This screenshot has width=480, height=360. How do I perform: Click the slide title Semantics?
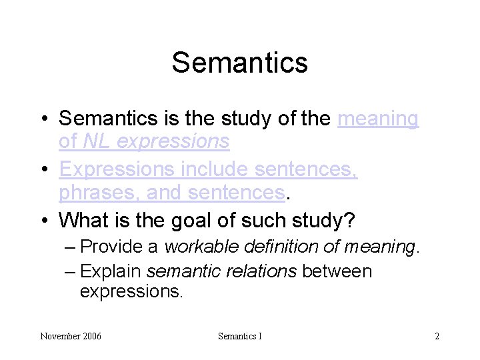coord(239,63)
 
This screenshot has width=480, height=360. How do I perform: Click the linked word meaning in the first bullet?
coord(378,119)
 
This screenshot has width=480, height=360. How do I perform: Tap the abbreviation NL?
coord(91,141)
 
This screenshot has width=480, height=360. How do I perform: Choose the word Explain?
coord(110,272)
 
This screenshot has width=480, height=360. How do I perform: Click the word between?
coord(337,272)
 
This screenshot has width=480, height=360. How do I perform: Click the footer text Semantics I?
coord(239,336)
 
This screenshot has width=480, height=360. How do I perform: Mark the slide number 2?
coord(437,336)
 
